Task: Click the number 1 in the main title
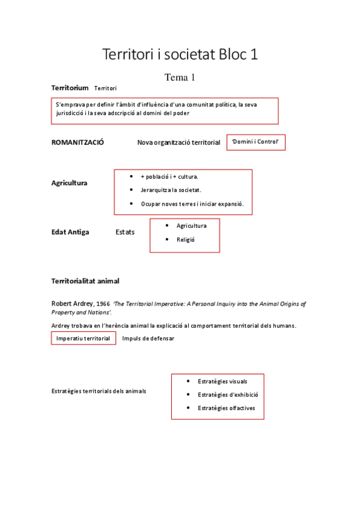click(x=254, y=54)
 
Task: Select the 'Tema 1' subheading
click(x=180, y=77)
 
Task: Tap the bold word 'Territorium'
click(x=70, y=88)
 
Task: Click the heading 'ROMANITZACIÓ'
click(x=78, y=143)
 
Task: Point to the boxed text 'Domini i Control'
click(x=255, y=142)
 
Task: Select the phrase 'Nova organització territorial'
click(x=178, y=143)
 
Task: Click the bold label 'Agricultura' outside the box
click(x=69, y=183)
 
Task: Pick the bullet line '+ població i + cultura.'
click(x=169, y=177)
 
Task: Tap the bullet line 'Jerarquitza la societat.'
click(x=171, y=190)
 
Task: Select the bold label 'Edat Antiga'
click(x=70, y=232)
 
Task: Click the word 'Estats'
click(x=125, y=232)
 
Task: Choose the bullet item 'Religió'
click(x=186, y=239)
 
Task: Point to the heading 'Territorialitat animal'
click(x=85, y=281)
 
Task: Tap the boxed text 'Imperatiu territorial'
click(x=83, y=339)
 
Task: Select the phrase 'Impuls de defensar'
click(x=148, y=339)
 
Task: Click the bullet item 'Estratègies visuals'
click(x=222, y=381)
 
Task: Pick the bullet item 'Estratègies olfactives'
click(x=226, y=408)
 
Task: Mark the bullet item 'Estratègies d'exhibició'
click(x=227, y=395)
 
